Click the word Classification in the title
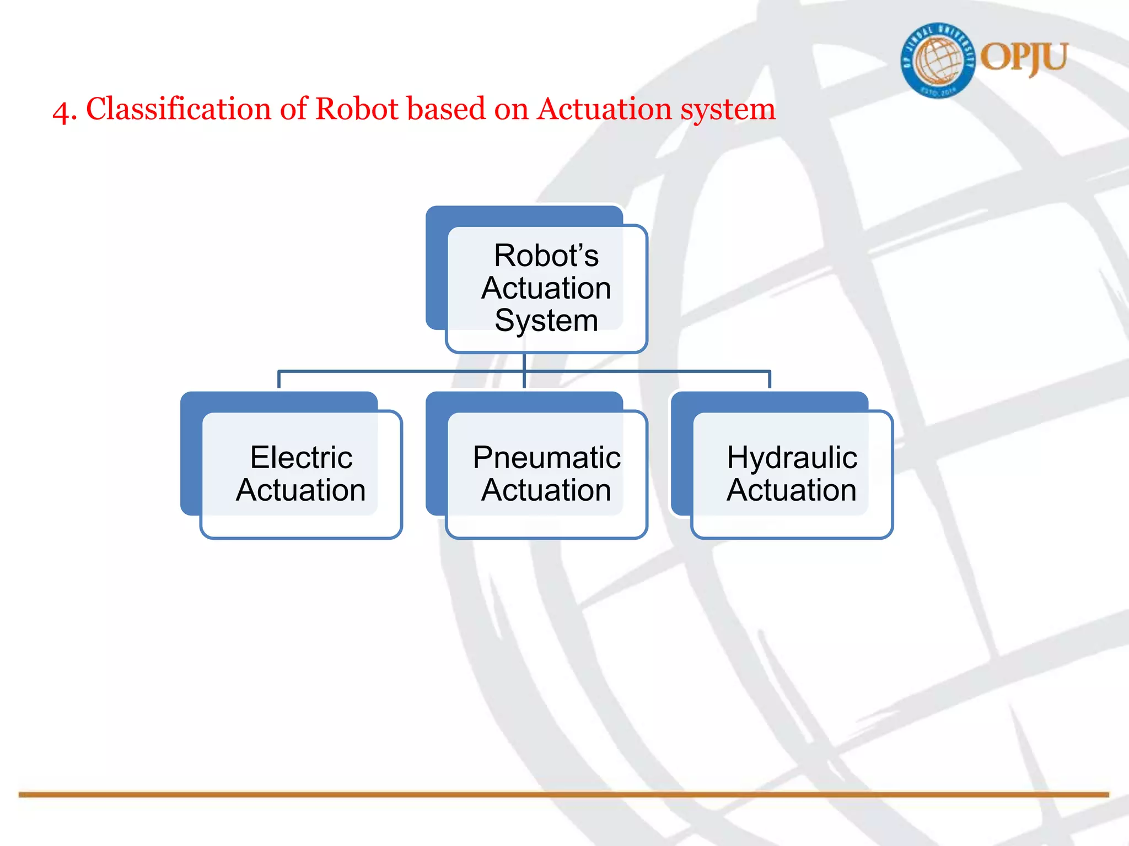[179, 109]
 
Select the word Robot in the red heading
[357, 109]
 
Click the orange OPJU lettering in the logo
[1024, 58]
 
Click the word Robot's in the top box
[546, 256]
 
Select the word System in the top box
[546, 321]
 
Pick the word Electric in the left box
[301, 457]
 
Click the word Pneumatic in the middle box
[546, 457]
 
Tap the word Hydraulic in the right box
[792, 457]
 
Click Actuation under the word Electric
[301, 490]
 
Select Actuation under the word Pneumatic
[546, 490]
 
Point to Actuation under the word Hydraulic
[792, 490]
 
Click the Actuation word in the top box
[546, 288]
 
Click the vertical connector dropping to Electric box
[279, 380]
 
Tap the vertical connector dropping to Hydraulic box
[770, 380]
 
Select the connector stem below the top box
[524, 362]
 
